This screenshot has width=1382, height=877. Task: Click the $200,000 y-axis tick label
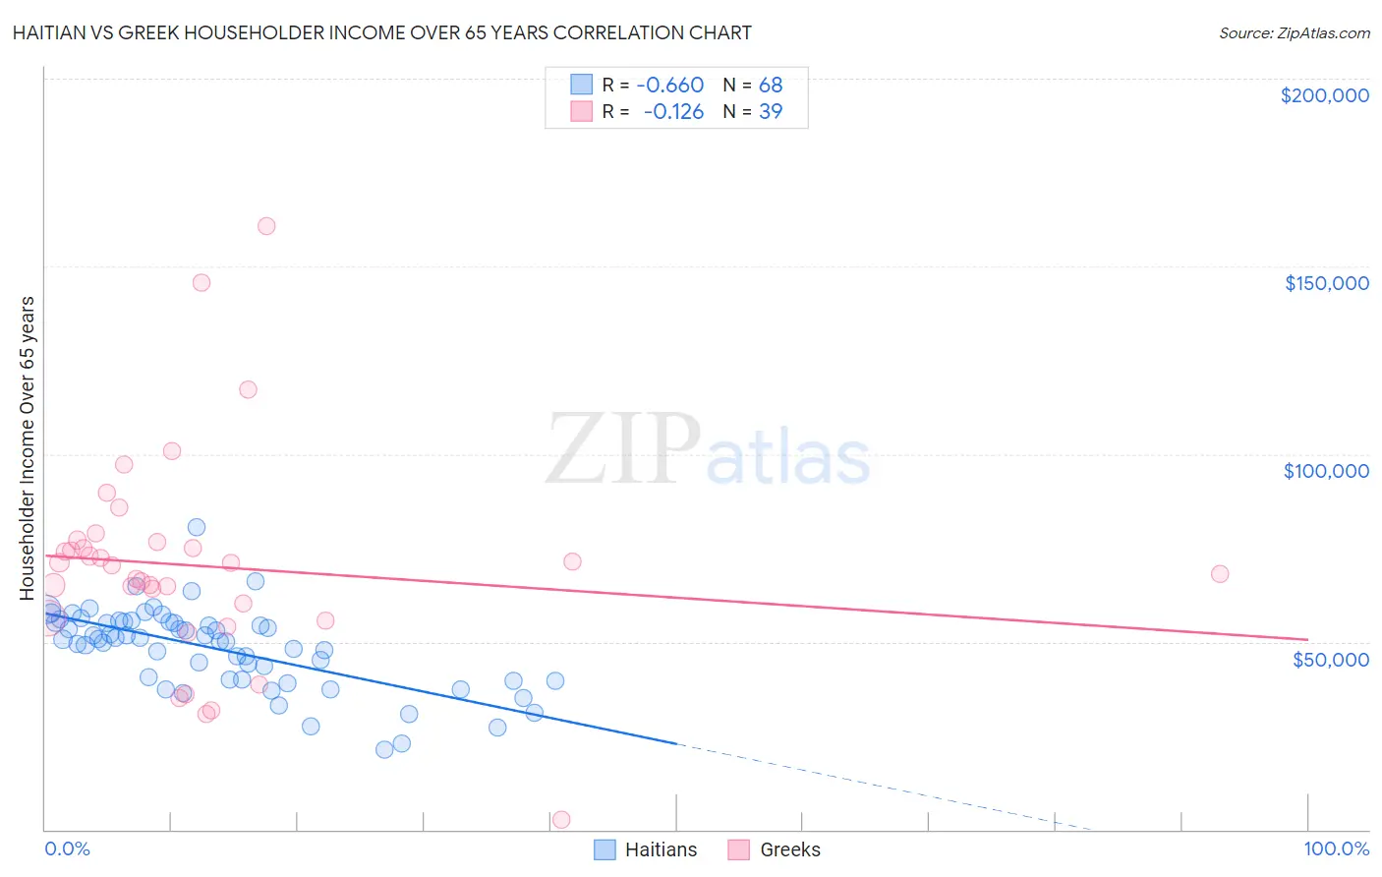[x=1324, y=95]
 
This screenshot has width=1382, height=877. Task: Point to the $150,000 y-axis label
[x=1326, y=283]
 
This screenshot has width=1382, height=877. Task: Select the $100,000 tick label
[x=1326, y=471]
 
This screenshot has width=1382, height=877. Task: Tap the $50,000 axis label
[x=1330, y=659]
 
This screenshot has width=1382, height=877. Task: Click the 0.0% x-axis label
[x=67, y=848]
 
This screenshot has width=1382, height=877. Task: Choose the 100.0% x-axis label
[x=1336, y=848]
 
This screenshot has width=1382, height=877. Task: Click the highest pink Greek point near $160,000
[x=266, y=226]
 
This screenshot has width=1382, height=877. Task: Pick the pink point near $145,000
[x=202, y=282]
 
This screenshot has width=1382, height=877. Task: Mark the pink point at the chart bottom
[x=561, y=820]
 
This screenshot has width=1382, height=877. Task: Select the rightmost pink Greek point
[x=1220, y=574]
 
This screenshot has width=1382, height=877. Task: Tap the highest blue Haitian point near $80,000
[x=197, y=528]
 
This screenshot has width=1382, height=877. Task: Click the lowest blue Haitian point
[x=384, y=749]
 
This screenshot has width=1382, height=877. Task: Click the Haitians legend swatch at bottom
[x=605, y=849]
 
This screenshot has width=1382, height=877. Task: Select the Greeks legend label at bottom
[x=789, y=849]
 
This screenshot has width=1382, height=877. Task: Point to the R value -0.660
[x=669, y=86]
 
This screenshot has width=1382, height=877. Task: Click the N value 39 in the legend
[x=771, y=112]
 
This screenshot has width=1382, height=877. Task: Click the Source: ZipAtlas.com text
[x=1294, y=32]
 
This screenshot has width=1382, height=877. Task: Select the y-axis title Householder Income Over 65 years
[x=27, y=447]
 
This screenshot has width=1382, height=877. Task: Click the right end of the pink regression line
[x=1307, y=639]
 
